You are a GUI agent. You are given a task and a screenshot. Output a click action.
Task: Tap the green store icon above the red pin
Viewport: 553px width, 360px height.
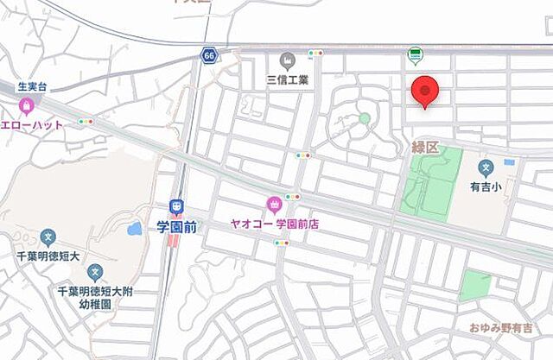tap(416, 55)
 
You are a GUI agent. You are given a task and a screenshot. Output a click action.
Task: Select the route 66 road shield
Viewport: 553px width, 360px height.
tap(209, 55)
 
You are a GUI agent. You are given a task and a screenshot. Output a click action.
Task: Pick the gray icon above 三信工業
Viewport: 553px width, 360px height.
tap(288, 60)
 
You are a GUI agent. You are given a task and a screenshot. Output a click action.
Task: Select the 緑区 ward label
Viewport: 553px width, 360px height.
tap(425, 149)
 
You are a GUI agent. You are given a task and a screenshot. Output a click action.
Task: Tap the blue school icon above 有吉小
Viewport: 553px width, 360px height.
tap(486, 166)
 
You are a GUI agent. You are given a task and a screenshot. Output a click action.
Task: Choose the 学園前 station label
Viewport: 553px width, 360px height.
tap(176, 224)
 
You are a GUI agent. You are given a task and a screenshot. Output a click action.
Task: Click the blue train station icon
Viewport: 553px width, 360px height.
tap(176, 206)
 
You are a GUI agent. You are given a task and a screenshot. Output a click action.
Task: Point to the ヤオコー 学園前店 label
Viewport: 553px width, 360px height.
tap(275, 223)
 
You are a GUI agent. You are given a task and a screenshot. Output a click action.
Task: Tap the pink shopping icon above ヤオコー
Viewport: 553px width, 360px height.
tap(275, 204)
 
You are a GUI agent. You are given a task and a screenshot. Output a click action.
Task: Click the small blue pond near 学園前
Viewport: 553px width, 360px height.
tap(134, 230)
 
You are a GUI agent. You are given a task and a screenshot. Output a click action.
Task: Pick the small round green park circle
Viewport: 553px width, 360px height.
tap(365, 118)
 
